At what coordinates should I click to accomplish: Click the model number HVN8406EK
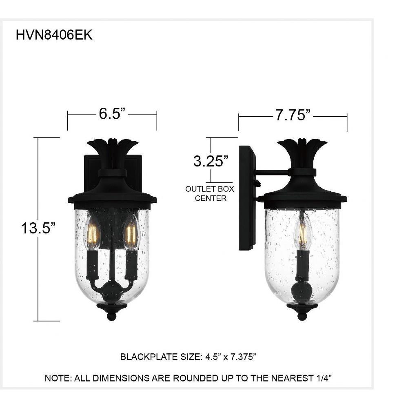[54, 35]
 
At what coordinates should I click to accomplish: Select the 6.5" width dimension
[112, 114]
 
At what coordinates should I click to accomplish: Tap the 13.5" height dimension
[38, 228]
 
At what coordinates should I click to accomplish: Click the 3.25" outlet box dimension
[211, 161]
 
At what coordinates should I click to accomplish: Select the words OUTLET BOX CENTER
[210, 193]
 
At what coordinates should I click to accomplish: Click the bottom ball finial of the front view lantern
[112, 316]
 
